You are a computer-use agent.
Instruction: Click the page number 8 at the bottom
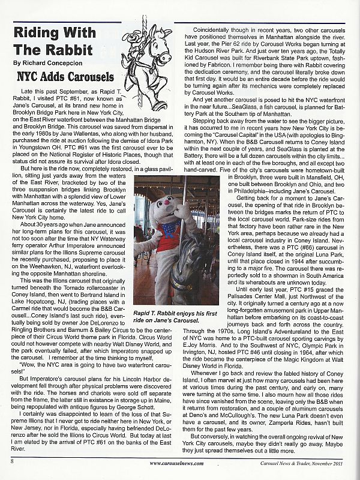[x=11, y=461]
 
